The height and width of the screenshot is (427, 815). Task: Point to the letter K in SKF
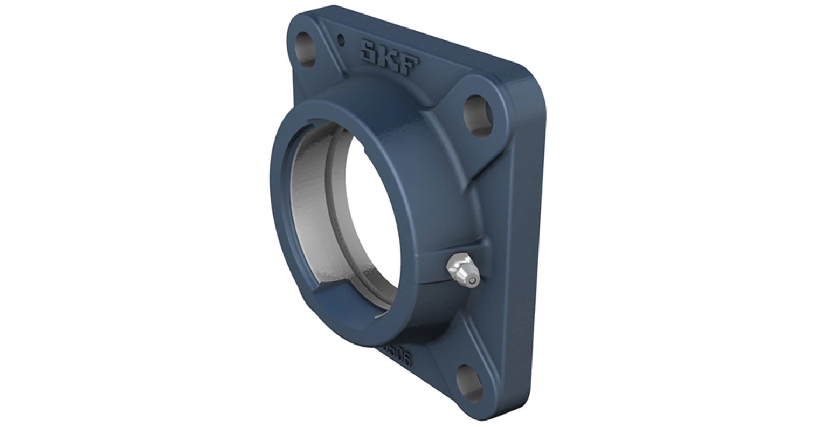click(x=389, y=57)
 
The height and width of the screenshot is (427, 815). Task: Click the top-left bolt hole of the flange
click(x=306, y=50)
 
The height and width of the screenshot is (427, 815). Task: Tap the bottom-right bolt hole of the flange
click(x=469, y=383)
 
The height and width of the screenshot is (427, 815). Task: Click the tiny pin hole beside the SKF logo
click(x=340, y=39)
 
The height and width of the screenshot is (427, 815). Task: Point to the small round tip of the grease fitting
click(x=473, y=280)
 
